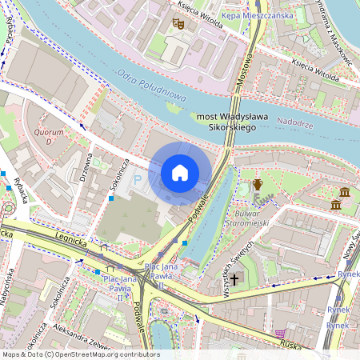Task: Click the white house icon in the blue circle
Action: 180,173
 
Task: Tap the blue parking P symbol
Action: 136,182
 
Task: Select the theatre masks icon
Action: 178,25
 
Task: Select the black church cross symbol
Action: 234,279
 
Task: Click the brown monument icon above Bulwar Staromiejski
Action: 257,185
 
